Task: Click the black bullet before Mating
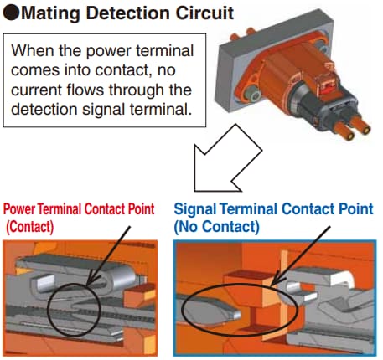pos(11,14)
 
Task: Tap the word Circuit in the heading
pos(199,14)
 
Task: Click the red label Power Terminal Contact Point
pos(80,208)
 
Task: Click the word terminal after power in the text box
pos(163,50)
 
